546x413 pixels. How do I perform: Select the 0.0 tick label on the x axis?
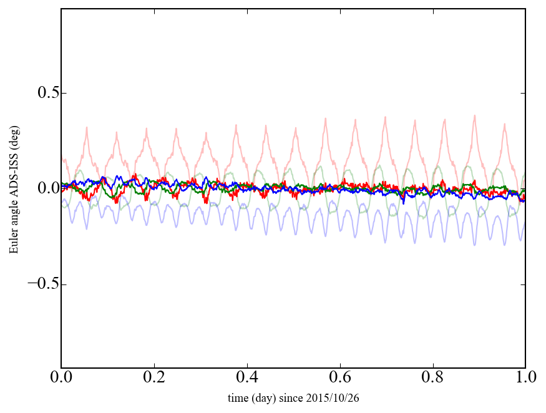(x=61, y=377)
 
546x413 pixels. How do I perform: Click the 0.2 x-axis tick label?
(x=154, y=377)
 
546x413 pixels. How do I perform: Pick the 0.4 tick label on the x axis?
(x=246, y=377)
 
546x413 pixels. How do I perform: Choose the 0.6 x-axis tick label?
(x=339, y=377)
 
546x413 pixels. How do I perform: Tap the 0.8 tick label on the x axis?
(x=432, y=377)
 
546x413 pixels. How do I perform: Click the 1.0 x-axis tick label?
(x=525, y=377)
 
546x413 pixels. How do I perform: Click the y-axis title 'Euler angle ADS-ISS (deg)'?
(x=13, y=188)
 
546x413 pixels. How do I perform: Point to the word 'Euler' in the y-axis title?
(x=13, y=243)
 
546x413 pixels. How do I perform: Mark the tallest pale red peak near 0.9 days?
(x=475, y=115)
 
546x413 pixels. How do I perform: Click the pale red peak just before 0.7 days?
(x=385, y=117)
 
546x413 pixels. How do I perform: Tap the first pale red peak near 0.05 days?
(x=87, y=128)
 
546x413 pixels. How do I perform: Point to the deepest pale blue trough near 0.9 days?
(x=475, y=245)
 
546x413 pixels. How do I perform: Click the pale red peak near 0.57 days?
(x=326, y=118)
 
